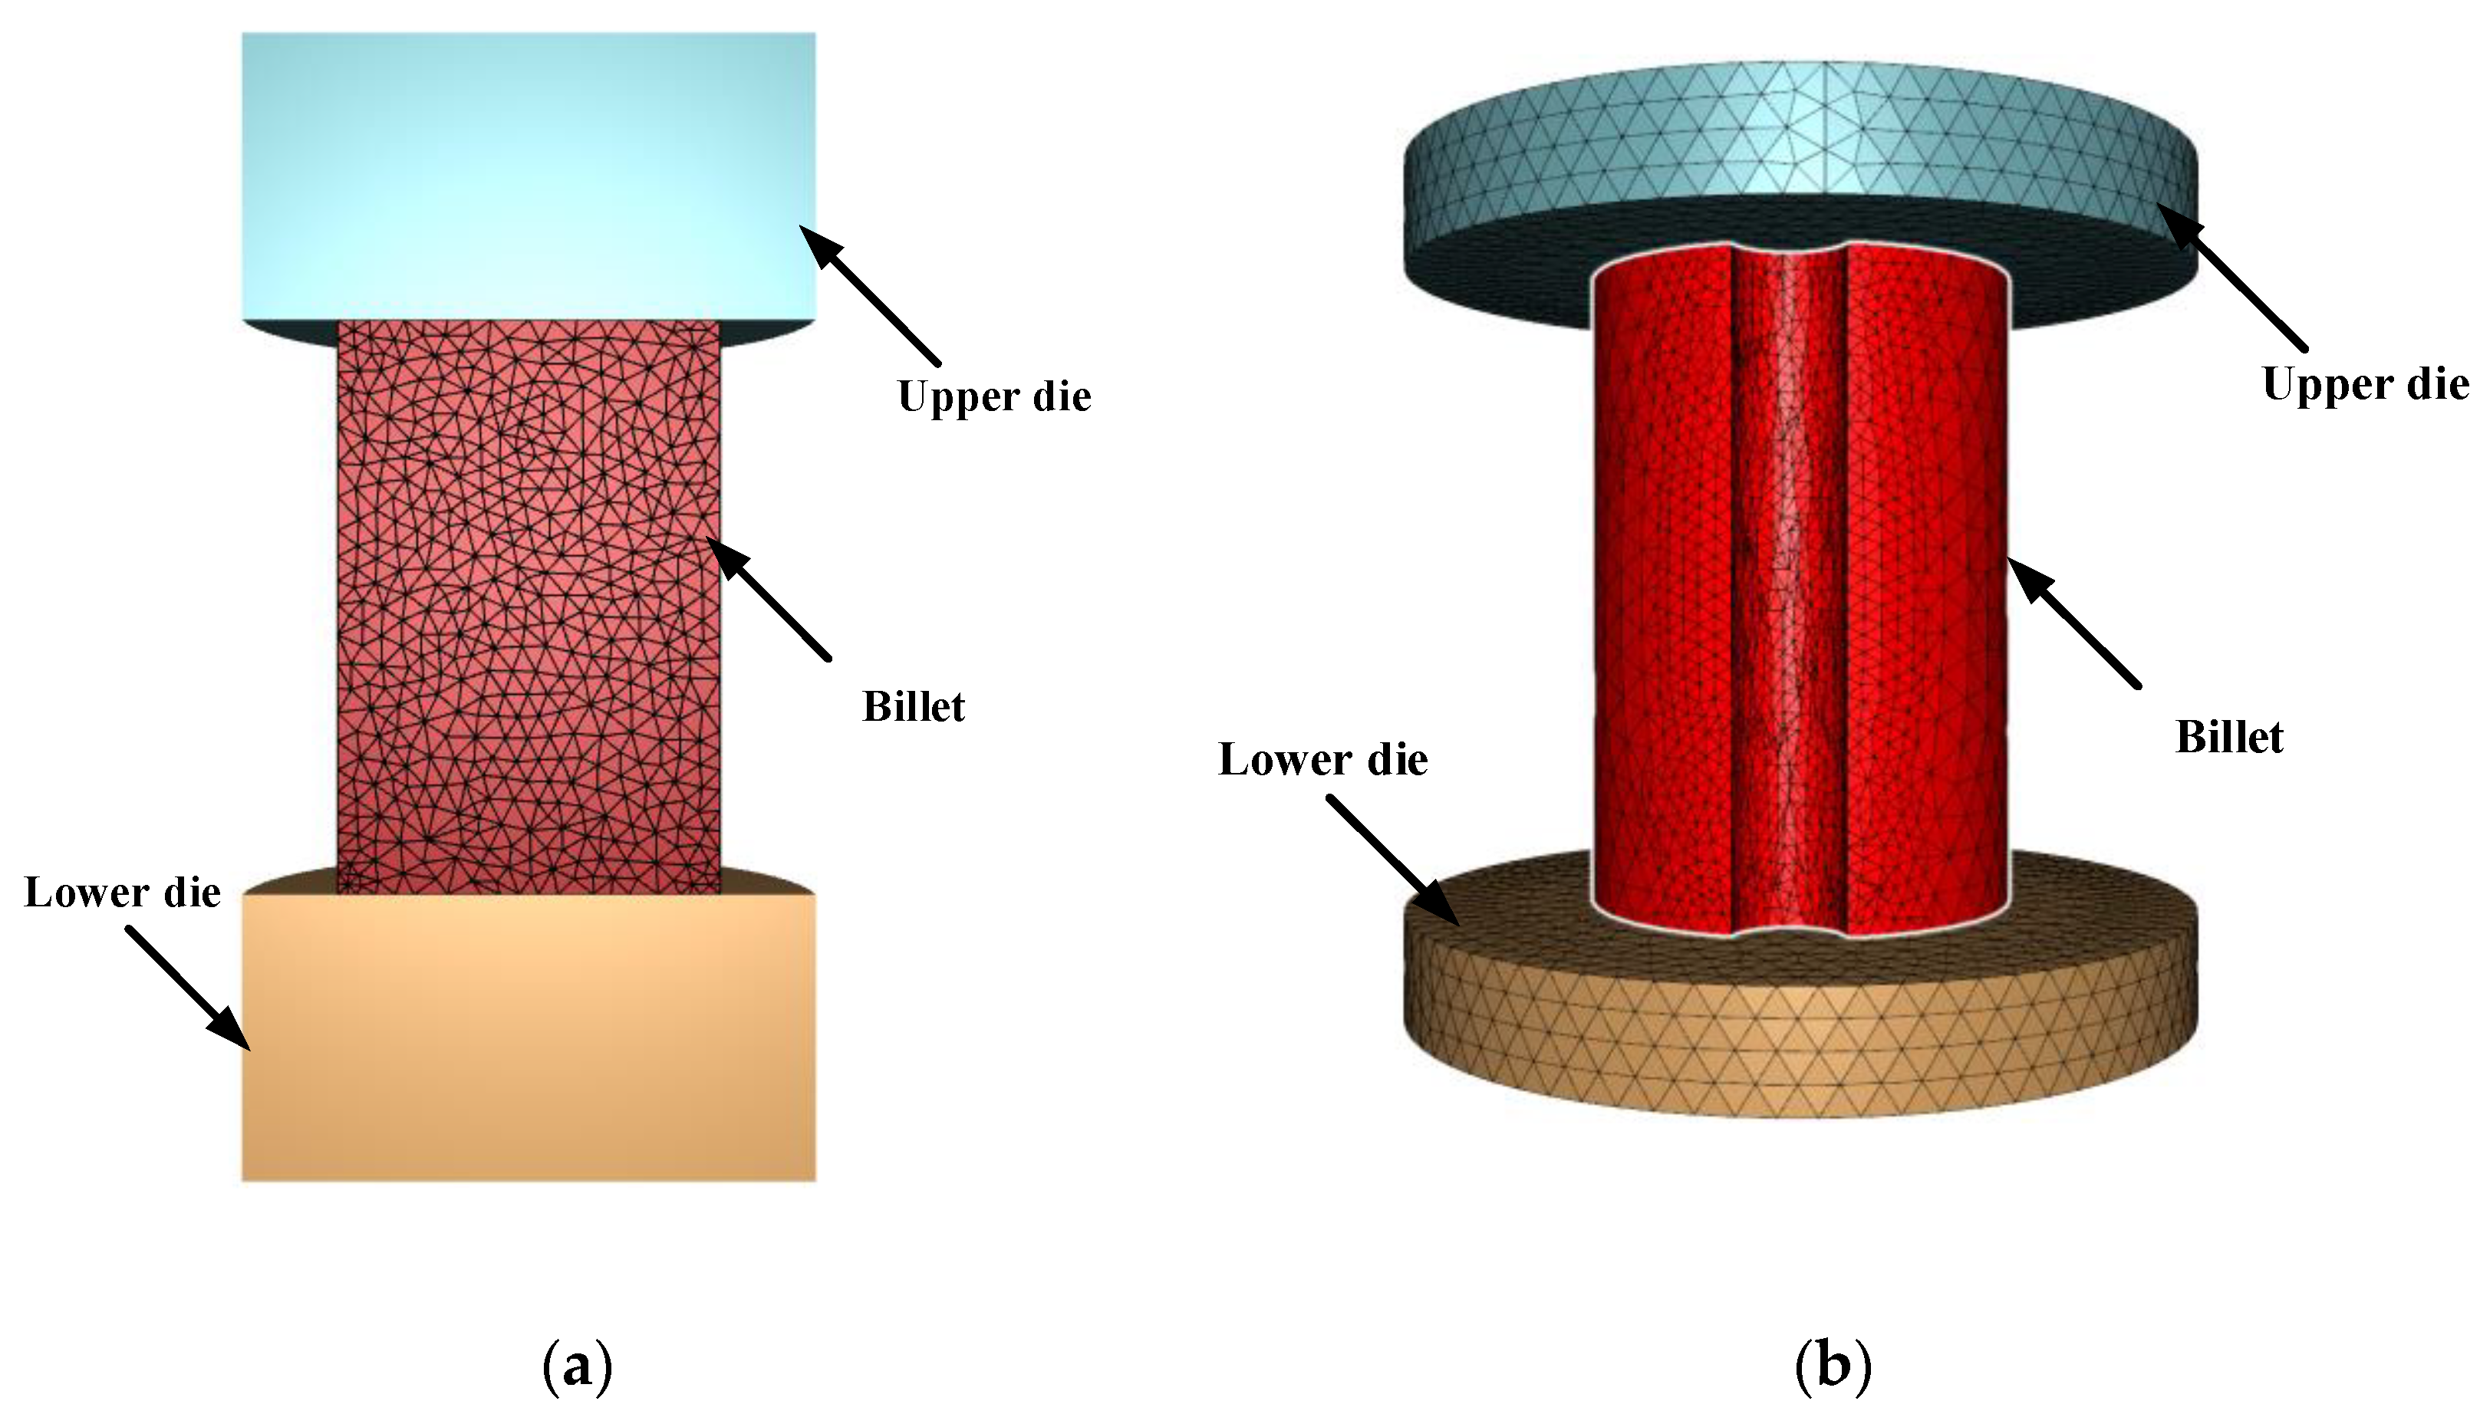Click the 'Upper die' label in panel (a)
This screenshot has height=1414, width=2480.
point(993,396)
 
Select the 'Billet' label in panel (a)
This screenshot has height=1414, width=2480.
point(913,707)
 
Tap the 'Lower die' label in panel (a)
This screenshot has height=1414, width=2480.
point(123,893)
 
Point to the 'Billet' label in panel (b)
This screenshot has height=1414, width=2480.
point(2228,737)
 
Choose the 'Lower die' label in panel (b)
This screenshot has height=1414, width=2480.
point(1322,759)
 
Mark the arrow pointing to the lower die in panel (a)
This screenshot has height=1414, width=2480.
point(189,988)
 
